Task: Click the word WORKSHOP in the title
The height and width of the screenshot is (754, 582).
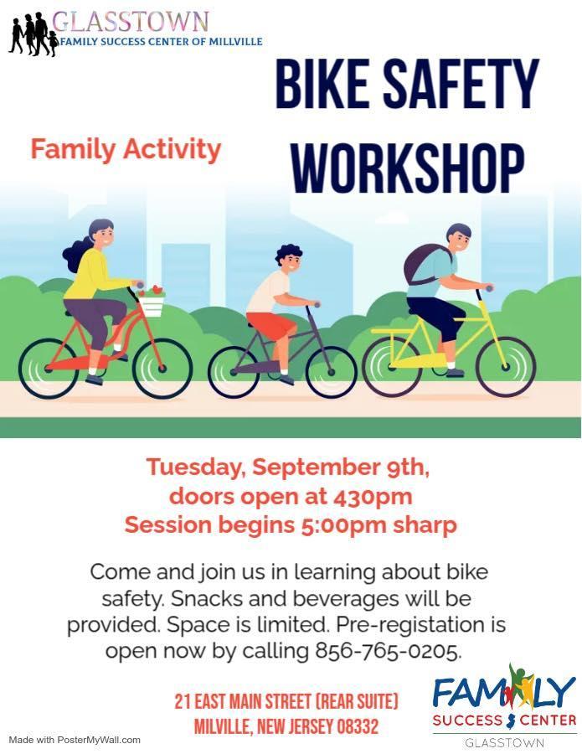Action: tap(408, 168)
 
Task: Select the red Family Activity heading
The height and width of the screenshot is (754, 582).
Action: tap(126, 149)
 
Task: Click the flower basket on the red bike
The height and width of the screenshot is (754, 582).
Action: tap(151, 300)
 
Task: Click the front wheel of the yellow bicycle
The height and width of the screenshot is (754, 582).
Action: tap(505, 367)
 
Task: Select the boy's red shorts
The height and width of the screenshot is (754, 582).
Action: tap(271, 324)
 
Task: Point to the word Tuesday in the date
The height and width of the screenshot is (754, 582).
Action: tap(196, 467)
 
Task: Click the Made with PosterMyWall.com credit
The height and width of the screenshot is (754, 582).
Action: tap(75, 740)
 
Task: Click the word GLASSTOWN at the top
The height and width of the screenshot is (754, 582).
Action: tap(131, 22)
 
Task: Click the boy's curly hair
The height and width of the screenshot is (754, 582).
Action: tap(287, 253)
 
